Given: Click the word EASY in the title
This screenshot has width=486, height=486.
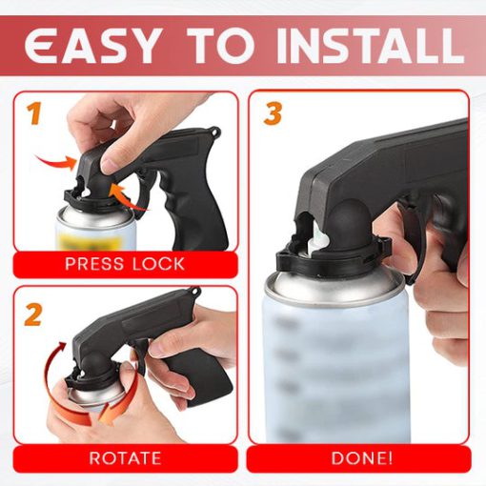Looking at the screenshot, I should click(100, 45).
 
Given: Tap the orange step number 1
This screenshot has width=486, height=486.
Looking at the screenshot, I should click(34, 116).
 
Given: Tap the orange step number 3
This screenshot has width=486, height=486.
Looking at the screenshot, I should click(273, 115).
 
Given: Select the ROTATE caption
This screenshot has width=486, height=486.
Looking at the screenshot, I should click(124, 458).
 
